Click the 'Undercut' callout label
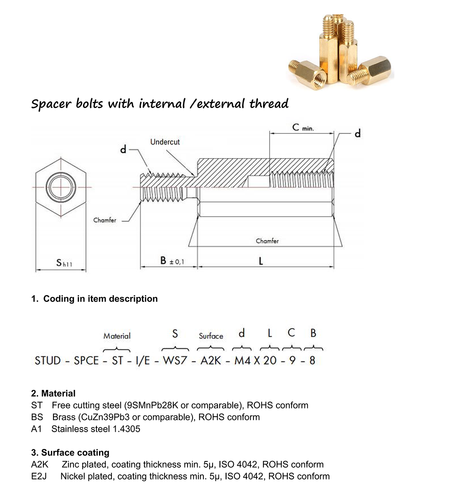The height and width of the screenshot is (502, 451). click(165, 142)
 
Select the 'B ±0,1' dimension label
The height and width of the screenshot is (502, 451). click(172, 261)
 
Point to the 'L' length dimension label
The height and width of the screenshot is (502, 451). click(261, 261)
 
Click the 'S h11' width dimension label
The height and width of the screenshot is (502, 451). click(64, 263)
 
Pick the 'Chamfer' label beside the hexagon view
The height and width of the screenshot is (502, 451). click(104, 220)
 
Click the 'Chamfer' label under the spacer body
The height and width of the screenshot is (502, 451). click(267, 241)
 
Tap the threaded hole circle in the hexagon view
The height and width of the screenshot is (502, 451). click(61, 187)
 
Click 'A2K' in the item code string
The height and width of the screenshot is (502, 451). click(211, 361)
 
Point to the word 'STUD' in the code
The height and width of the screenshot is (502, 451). click(48, 361)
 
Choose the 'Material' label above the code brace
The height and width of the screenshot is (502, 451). click(117, 336)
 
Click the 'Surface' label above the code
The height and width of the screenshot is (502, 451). click(211, 336)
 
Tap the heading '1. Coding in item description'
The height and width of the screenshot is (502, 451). click(94, 299)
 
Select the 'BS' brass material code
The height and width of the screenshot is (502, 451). click(37, 417)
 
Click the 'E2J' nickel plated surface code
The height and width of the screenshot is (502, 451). click(39, 476)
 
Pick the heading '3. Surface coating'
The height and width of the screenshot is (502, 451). click(70, 453)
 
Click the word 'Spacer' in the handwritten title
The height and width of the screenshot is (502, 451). click(51, 104)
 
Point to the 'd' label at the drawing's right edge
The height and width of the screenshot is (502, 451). click(357, 133)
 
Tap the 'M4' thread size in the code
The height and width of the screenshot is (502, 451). click(242, 361)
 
